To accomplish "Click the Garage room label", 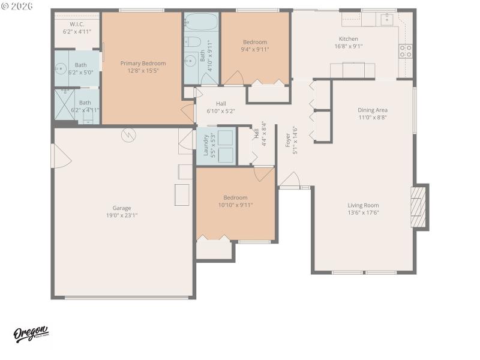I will (122, 208).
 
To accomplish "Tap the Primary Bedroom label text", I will (143, 63).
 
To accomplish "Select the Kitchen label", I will (348, 39).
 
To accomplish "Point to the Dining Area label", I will (372, 110).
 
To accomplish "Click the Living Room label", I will (364, 205).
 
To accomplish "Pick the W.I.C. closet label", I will (76, 25).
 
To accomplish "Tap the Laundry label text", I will (205, 145).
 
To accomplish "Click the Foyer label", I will (288, 139).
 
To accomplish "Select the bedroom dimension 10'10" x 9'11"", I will (235, 205).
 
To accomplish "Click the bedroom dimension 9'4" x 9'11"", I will (255, 50).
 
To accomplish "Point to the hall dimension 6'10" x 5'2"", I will (221, 111).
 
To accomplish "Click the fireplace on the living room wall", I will (419, 206).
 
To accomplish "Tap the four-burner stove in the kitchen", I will (406, 50).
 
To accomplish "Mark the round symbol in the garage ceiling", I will (128, 135).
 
